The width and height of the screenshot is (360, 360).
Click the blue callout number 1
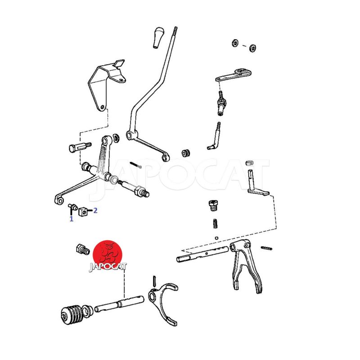pyautogui.click(x=72, y=219)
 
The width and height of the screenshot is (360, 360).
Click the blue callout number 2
pyautogui.click(x=95, y=210)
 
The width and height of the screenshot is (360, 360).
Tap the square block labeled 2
pyautogui.click(x=83, y=211)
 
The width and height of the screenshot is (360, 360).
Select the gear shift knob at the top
pyautogui.click(x=157, y=38)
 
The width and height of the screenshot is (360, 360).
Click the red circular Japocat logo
pyautogui.click(x=108, y=255)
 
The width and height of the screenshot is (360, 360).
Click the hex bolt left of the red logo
pyautogui.click(x=83, y=250)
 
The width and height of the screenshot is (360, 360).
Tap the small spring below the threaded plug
pyautogui.click(x=215, y=224)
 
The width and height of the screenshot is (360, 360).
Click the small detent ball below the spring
pyautogui.click(x=216, y=238)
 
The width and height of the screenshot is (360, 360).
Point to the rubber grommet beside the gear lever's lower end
pyautogui.click(x=186, y=153)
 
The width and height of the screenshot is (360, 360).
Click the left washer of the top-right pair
pyautogui.click(x=235, y=43)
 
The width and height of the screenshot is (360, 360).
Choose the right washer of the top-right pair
pyautogui.click(x=253, y=48)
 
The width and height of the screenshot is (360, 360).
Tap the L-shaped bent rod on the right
pyautogui.click(x=215, y=137)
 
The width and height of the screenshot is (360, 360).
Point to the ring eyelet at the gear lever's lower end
pyautogui.click(x=165, y=157)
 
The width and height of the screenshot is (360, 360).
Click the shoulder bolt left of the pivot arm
pyautogui.click(x=80, y=147)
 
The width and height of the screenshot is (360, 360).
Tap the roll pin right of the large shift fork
pyautogui.click(x=266, y=248)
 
